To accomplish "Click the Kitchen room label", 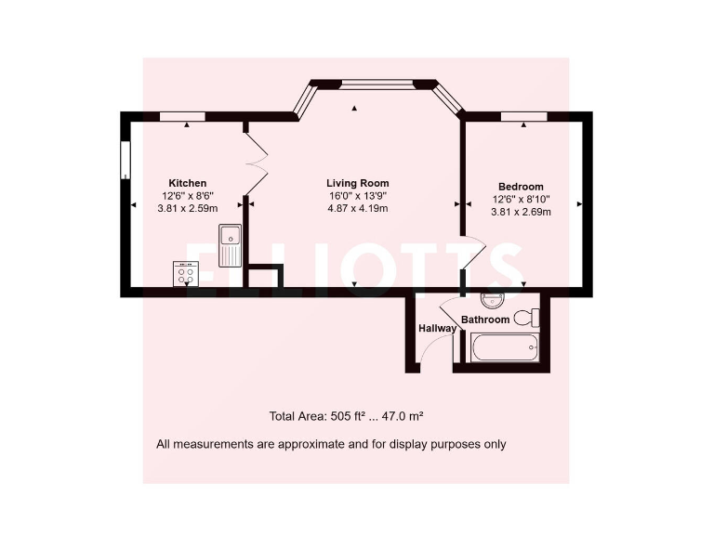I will click(187, 183).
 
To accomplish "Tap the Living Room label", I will click(357, 183).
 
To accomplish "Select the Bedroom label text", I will click(521, 187).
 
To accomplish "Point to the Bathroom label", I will click(485, 320).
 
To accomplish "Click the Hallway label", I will click(436, 328).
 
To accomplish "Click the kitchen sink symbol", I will click(230, 245).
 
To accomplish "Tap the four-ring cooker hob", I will click(185, 274).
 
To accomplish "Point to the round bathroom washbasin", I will click(492, 301).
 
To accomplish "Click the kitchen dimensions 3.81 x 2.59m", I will click(187, 209).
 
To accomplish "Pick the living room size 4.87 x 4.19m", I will click(357, 209).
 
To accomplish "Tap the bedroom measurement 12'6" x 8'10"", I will click(521, 199).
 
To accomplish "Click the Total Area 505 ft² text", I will click(346, 416).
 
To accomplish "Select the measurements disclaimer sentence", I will click(331, 444).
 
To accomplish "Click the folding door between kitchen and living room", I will click(257, 158).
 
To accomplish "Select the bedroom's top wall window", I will click(523, 116).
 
